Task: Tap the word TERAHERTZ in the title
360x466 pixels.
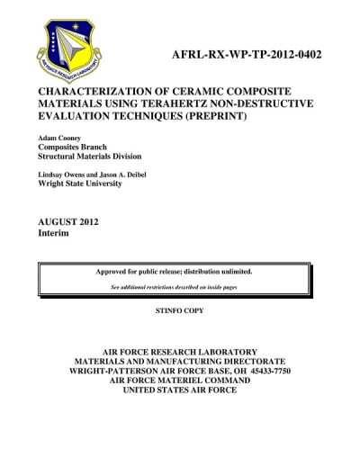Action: point(221,104)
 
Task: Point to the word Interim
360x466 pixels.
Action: point(53,231)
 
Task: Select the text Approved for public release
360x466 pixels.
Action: point(145,271)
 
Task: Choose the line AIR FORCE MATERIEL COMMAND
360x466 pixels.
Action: point(181,381)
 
